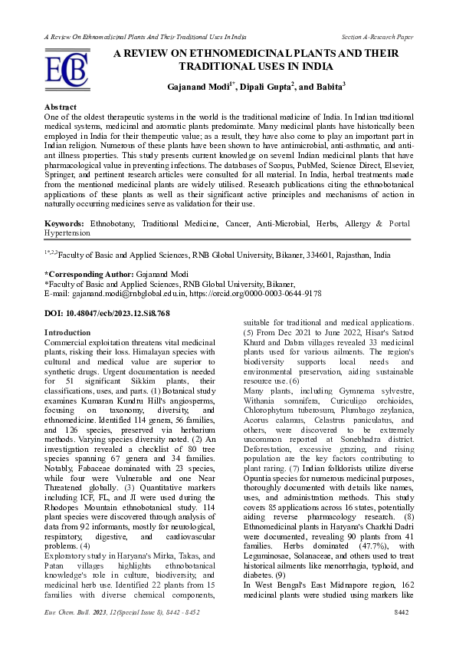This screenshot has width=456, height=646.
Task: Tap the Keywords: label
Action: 65,222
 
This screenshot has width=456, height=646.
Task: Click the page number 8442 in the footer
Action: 401,634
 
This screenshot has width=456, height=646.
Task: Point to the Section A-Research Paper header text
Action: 376,37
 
